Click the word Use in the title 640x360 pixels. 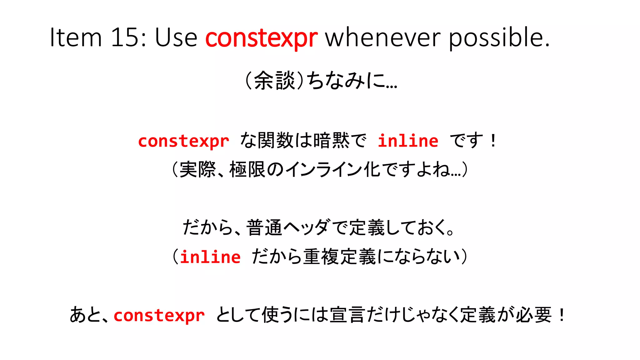click(x=176, y=37)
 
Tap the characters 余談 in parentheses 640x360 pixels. click(x=274, y=81)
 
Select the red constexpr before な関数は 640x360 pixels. click(x=184, y=141)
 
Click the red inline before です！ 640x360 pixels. click(x=408, y=141)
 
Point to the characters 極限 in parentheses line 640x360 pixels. click(x=247, y=170)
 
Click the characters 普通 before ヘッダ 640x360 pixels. click(x=264, y=227)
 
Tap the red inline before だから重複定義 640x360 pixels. click(x=210, y=257)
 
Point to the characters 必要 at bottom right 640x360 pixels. click(x=533, y=315)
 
